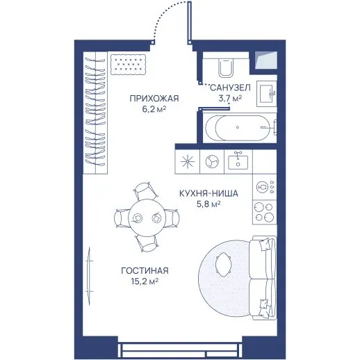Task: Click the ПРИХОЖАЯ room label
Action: [154, 99]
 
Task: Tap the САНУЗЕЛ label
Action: [230, 88]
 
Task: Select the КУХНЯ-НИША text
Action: [208, 193]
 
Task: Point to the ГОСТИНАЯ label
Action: [145, 270]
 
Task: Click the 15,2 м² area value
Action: [145, 281]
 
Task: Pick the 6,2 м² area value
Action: [154, 109]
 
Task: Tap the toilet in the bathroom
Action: [226, 67]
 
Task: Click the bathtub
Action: [240, 128]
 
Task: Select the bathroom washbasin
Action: [267, 94]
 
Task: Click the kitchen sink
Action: [238, 161]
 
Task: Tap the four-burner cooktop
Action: [264, 212]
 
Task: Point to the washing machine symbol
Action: [212, 161]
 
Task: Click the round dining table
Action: [147, 218]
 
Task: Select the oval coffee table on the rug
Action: [223, 265]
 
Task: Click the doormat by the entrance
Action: [129, 65]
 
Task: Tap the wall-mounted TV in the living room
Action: [89, 277]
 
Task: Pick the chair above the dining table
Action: [145, 190]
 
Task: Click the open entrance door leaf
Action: [189, 22]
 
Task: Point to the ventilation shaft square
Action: [266, 60]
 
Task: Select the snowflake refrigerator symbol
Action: [188, 161]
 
